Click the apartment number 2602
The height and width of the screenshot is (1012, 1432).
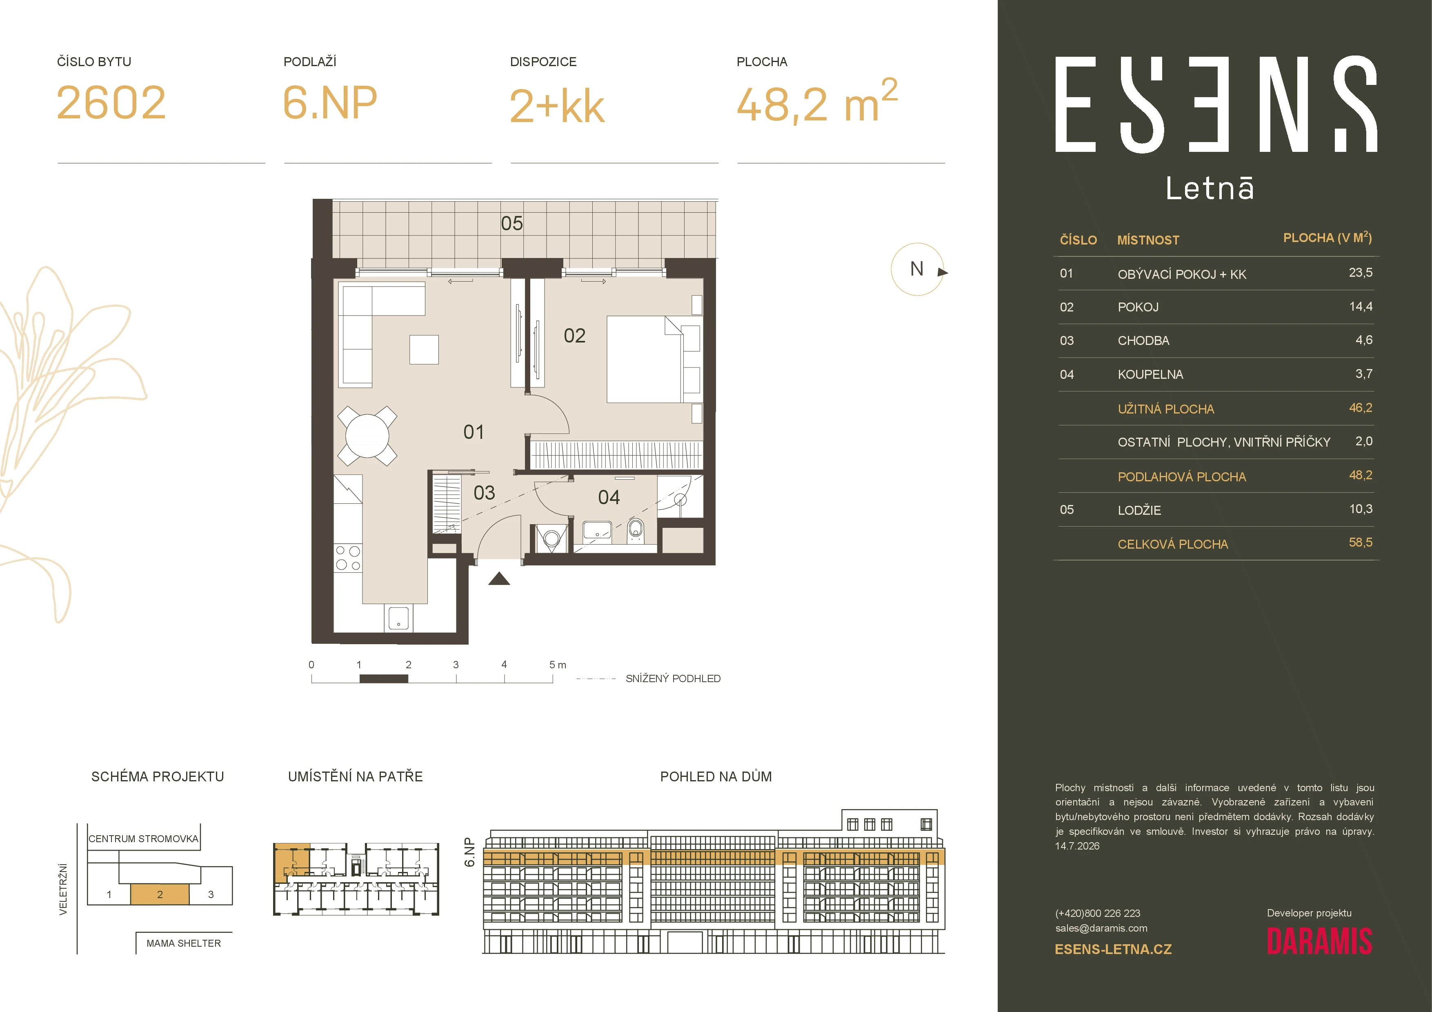click(111, 103)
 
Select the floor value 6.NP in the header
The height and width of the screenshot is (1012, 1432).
click(330, 103)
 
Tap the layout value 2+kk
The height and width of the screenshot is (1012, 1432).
click(557, 106)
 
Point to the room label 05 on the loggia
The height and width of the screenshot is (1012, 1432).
click(511, 223)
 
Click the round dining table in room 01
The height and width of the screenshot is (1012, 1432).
click(367, 436)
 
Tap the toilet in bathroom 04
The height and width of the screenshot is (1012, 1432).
click(636, 530)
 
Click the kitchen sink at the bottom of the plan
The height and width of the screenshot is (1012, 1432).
click(398, 618)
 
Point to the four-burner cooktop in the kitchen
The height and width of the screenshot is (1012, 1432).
click(347, 558)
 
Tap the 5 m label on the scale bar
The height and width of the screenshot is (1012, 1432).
click(558, 665)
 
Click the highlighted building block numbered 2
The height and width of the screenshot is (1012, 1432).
click(160, 894)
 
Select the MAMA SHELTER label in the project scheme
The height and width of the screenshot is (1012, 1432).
click(183, 943)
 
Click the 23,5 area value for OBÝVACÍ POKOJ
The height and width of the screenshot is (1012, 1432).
click(1360, 272)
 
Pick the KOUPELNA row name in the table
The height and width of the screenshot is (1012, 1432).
click(1150, 374)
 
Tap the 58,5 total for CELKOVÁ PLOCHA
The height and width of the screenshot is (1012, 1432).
click(1360, 543)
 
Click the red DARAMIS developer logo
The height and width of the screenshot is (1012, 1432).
click(1319, 941)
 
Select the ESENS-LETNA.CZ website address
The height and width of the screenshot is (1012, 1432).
click(1113, 949)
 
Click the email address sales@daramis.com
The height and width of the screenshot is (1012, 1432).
click(1101, 928)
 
